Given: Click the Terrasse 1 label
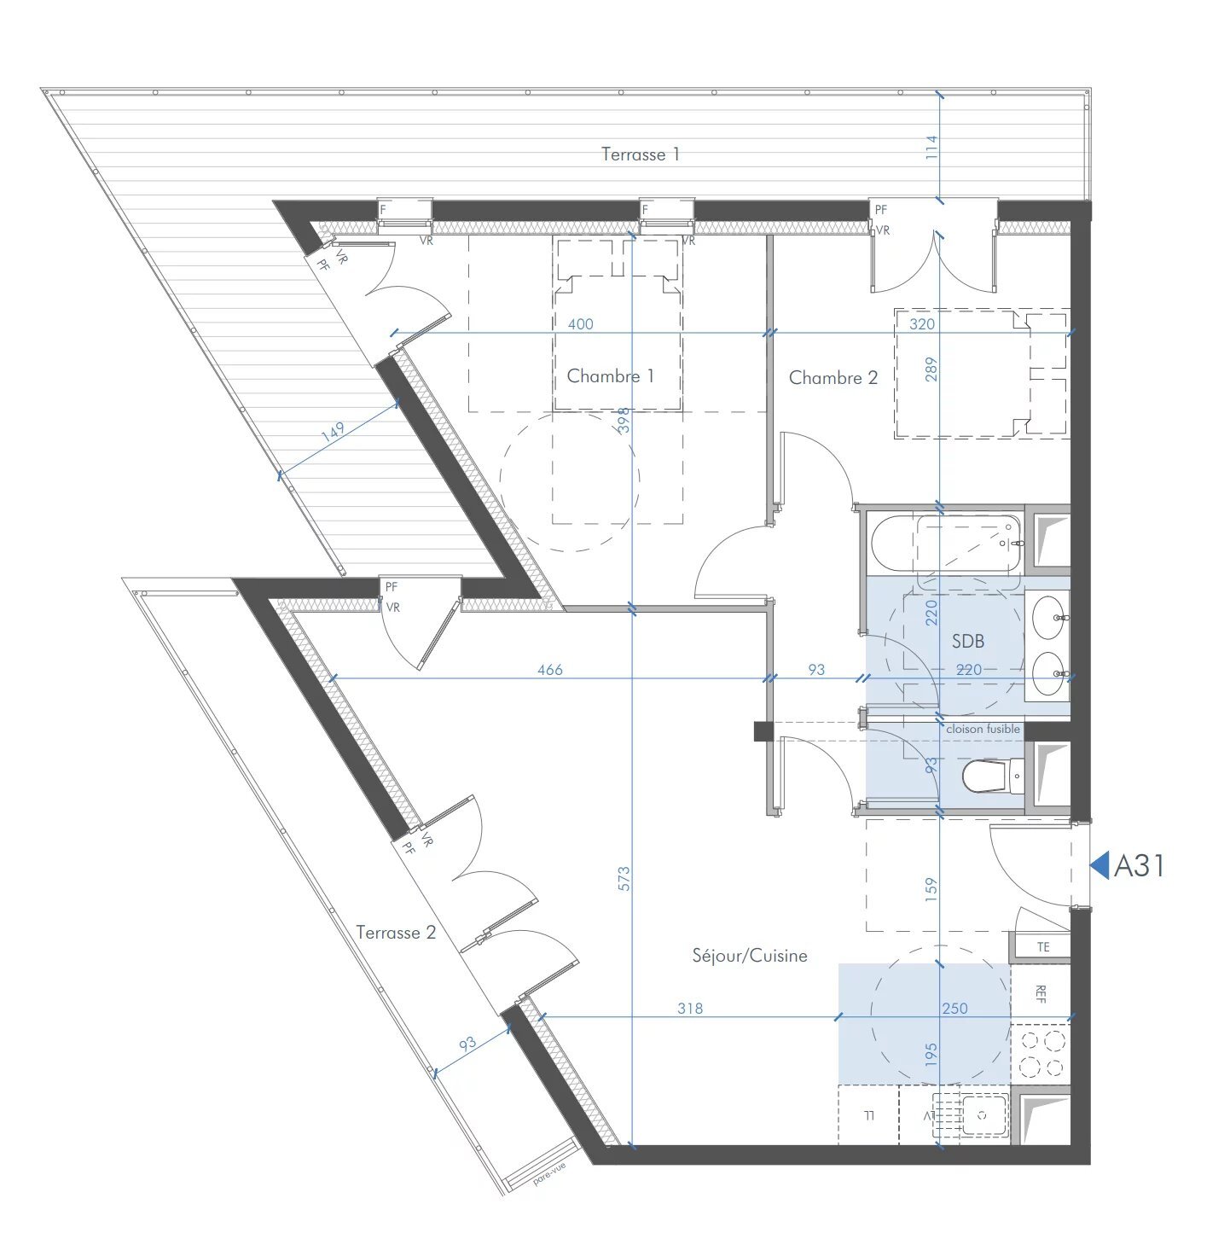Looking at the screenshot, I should point(640,154).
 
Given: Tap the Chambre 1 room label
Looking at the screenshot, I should point(610,376).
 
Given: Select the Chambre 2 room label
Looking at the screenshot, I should point(833,378).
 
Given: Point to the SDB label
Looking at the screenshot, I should point(967,641).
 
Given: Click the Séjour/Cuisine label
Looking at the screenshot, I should point(749,956).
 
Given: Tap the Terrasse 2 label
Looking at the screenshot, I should point(396,933).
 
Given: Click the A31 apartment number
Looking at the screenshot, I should point(1139,866).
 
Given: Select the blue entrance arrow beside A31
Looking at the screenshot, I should point(1100,866).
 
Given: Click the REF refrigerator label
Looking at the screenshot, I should point(1041,993).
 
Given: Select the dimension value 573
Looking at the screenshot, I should point(624,879).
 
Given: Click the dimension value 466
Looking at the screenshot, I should point(550,670).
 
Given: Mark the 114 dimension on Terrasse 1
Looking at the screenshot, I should point(931,147).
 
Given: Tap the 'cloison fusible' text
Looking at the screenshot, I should point(983,729).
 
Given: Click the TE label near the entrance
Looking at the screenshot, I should point(1042,947).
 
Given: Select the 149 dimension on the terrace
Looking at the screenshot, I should point(333,432).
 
